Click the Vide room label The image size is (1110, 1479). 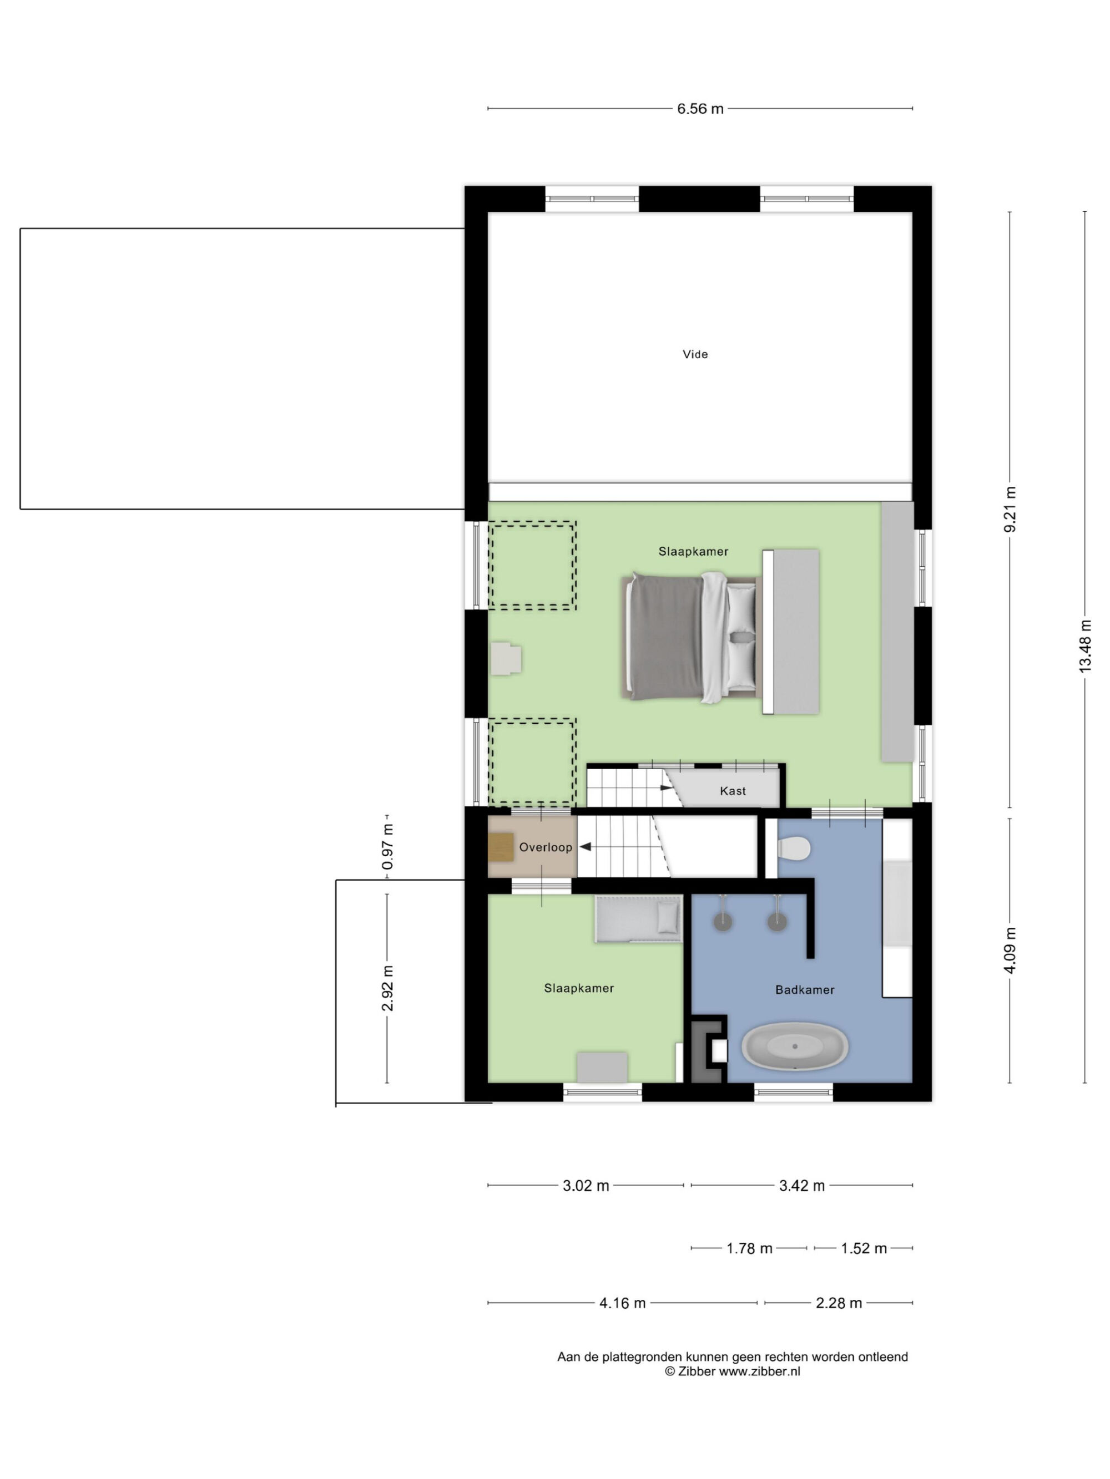point(694,354)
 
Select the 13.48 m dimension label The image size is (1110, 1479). point(1084,647)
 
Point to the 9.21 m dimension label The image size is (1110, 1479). point(1010,510)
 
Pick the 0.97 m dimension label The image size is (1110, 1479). point(387,846)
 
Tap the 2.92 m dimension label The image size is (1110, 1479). point(387,989)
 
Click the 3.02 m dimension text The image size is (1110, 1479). point(586,1186)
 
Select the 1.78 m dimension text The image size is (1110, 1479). point(749,1248)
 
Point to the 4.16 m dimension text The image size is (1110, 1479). point(622,1303)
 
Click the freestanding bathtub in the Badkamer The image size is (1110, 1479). point(794,1046)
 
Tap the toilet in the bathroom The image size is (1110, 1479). point(794,849)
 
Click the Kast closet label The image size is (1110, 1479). point(733,791)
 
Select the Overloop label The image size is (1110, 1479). point(546,847)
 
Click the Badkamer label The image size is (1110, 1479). point(804,989)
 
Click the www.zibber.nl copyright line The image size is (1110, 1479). point(732,1371)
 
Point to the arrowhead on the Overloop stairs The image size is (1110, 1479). point(585,847)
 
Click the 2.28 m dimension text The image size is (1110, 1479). point(839,1303)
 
